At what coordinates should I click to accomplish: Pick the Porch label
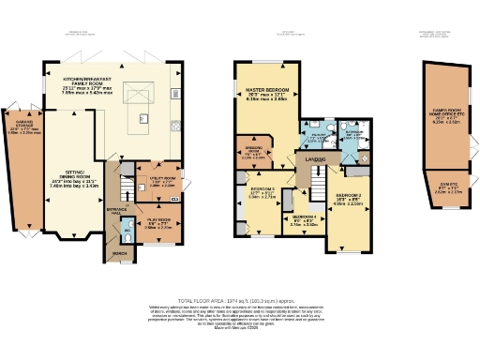click(119, 253)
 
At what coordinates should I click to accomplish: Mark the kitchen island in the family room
click(144, 119)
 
